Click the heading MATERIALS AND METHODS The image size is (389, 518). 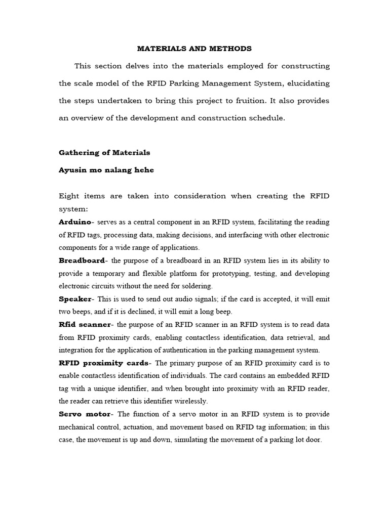tap(194, 49)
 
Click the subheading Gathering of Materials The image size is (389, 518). tap(104, 152)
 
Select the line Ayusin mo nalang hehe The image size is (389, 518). tap(106, 170)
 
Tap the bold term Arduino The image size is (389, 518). tap(75, 222)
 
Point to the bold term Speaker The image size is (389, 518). tap(74, 299)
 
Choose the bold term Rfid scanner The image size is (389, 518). tap(84, 324)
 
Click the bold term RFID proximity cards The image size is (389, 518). tap(104, 363)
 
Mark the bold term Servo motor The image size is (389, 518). tap(83, 414)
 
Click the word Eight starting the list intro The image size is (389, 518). tap(69, 196)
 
